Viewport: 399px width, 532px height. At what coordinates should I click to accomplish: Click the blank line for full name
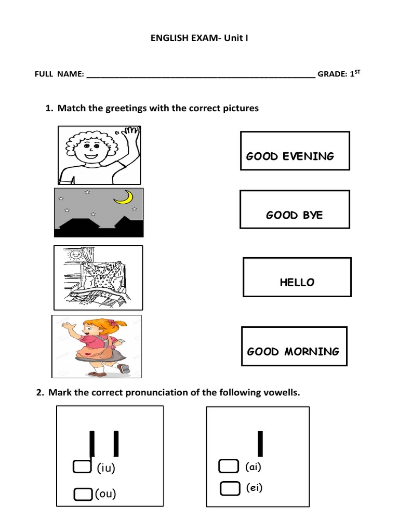point(201,75)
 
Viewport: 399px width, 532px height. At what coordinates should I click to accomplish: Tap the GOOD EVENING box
point(295,151)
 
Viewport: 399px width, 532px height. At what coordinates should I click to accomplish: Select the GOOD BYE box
point(295,209)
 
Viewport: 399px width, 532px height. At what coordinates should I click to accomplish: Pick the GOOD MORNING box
point(294,346)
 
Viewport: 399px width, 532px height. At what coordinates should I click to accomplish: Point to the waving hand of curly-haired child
point(130,137)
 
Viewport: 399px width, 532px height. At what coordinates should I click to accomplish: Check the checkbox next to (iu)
point(82,467)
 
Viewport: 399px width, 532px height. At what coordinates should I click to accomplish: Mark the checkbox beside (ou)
point(82,493)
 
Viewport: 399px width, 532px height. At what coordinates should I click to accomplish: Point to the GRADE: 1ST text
point(339,74)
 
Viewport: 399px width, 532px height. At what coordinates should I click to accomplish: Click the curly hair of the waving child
point(88,138)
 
